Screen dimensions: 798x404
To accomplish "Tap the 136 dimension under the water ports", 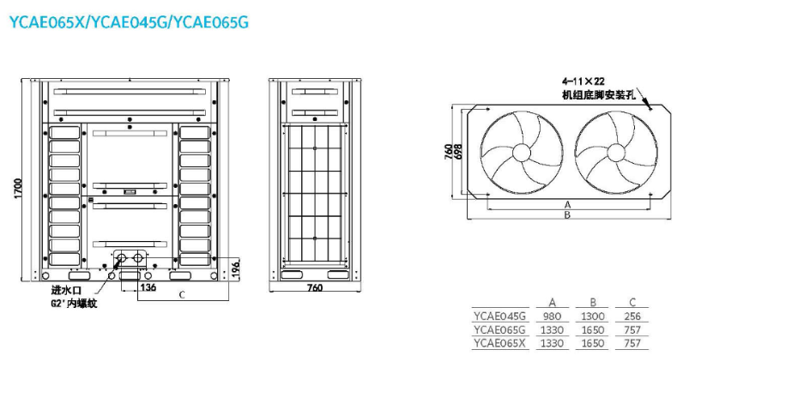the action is click(x=148, y=287).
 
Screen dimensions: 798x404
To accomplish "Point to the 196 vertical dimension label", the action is click(x=234, y=268).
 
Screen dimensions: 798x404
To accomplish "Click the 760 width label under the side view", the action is click(x=315, y=288).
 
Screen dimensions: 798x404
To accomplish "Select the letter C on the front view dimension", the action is click(x=182, y=295).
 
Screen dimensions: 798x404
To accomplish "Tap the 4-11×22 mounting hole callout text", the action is click(x=583, y=81).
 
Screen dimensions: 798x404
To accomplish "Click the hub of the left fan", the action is click(x=521, y=152).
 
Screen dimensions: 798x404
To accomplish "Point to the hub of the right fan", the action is click(x=616, y=152).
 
